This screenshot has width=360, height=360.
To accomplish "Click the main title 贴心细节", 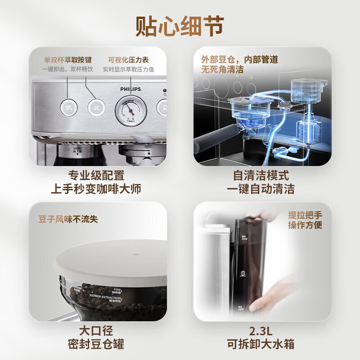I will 180,26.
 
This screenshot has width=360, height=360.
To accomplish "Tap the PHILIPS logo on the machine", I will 131,89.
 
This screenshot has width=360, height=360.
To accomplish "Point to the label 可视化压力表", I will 128,59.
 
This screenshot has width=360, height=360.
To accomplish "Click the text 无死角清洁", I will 223,69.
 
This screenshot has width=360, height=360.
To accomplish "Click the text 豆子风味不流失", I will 68,219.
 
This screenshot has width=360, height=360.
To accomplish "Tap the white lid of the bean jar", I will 108,261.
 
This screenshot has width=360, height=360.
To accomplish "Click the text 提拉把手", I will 305,215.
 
